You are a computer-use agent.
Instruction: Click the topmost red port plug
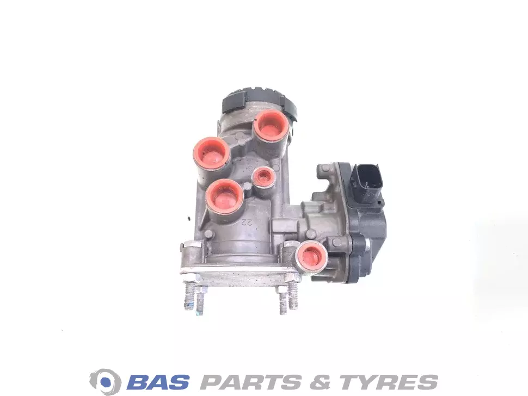click(x=271, y=125)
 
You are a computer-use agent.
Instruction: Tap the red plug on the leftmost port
click(x=211, y=154)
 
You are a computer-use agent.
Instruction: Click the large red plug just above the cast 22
click(x=225, y=197)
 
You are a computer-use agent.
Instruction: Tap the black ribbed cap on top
click(x=259, y=102)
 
